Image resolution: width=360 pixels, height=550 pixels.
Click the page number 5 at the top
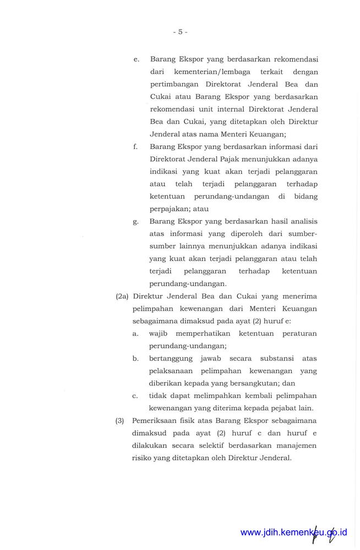(180, 32)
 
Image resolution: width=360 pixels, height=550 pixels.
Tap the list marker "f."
(135, 147)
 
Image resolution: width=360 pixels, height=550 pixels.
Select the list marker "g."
(135, 222)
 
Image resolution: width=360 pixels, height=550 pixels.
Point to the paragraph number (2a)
(122, 296)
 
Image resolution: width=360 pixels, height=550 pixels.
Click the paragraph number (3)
(119, 421)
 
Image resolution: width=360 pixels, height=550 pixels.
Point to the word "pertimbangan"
(174, 85)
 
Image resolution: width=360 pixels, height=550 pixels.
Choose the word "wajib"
(159, 334)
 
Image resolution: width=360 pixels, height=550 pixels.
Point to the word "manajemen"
(297, 446)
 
